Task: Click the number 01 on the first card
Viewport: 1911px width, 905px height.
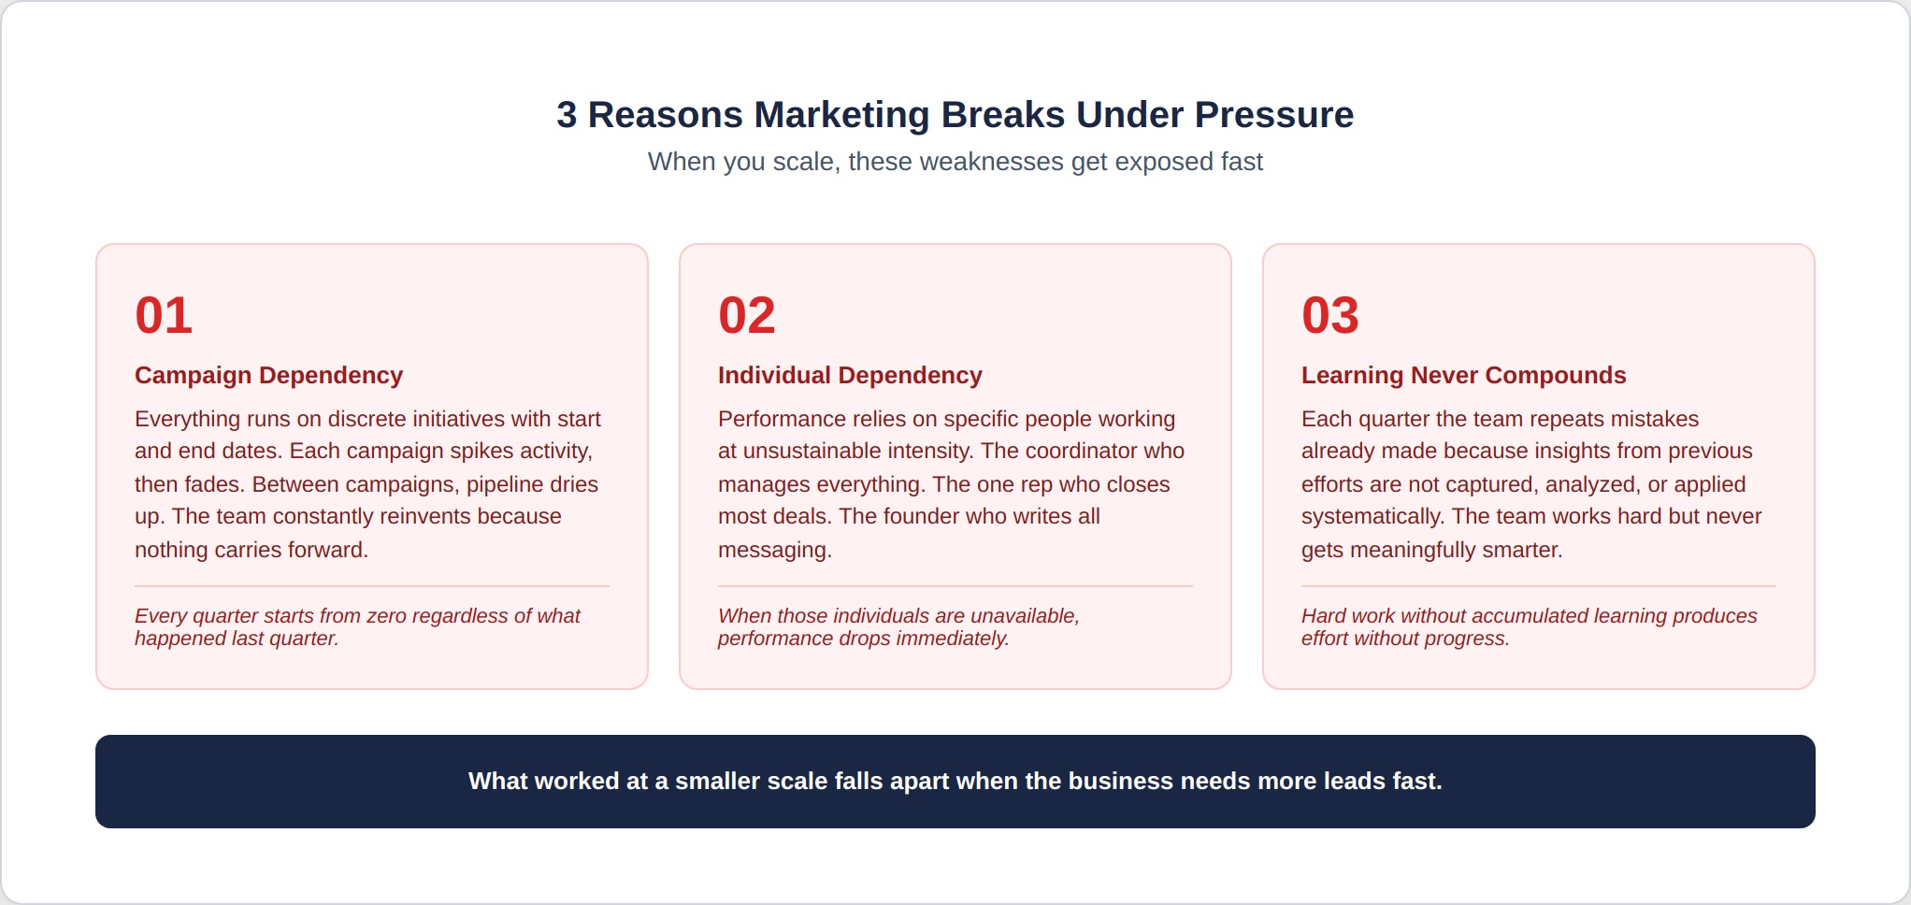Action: coord(164,315)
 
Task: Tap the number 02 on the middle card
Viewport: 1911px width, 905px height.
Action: coord(747,315)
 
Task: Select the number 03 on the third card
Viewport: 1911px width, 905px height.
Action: coord(1330,315)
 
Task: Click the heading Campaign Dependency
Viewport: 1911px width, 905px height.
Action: coord(268,375)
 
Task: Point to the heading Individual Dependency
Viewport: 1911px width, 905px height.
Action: coord(850,375)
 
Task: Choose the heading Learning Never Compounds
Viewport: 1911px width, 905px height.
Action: coord(1464,375)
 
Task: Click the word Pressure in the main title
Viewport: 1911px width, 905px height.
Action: coord(1274,115)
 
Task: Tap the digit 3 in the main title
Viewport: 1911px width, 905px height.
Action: coord(567,115)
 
